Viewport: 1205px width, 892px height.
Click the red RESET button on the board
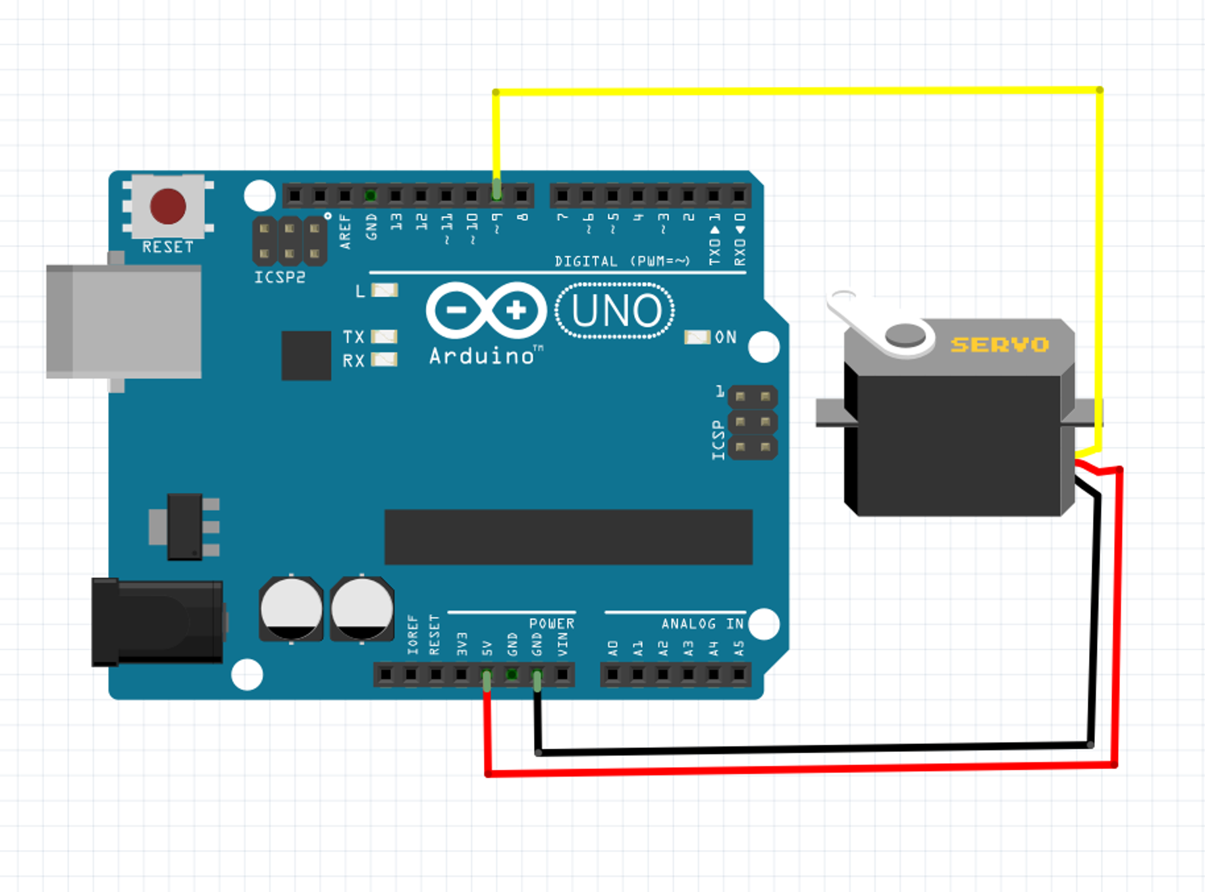click(x=168, y=205)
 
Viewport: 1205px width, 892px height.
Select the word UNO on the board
click(x=616, y=311)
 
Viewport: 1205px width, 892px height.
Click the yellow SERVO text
click(x=1000, y=344)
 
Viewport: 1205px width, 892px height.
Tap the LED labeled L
click(x=385, y=290)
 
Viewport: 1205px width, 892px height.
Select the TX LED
click(x=385, y=336)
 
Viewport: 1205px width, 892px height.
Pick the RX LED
click(x=385, y=359)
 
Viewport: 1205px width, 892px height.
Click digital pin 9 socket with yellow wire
click(x=496, y=195)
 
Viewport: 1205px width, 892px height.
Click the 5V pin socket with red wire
click(x=487, y=675)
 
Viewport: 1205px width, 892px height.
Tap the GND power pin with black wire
click(x=537, y=675)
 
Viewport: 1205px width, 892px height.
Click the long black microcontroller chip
click(x=568, y=537)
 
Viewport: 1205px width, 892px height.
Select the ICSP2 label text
click(x=280, y=277)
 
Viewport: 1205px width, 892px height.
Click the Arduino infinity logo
click(x=486, y=310)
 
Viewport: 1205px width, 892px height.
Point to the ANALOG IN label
click(x=702, y=623)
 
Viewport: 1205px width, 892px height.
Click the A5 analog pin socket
click(x=739, y=675)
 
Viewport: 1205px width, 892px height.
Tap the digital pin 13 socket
click(x=396, y=196)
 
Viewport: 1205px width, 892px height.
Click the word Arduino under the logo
click(x=483, y=356)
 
